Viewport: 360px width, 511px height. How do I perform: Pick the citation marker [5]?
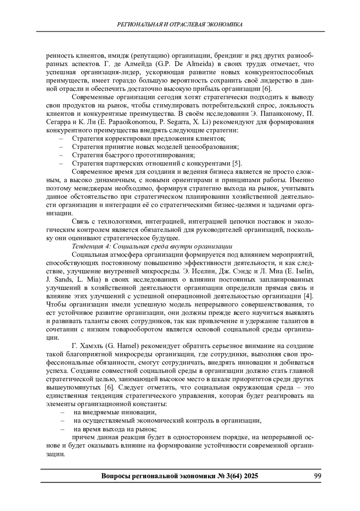(237, 163)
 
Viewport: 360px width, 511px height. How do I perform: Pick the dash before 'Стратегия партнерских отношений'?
(61, 163)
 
